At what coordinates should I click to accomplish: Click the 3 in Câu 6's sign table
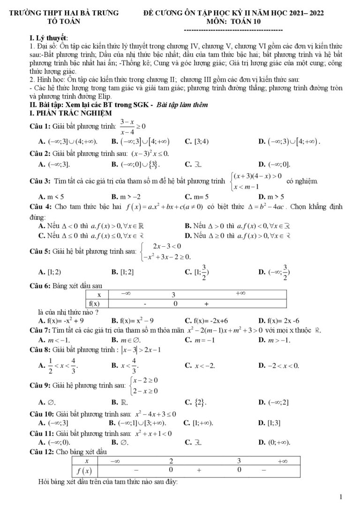173,295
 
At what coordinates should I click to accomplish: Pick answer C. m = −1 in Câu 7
201,339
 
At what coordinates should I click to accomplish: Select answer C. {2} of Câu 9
197,402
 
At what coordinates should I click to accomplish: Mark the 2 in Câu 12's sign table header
172,461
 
